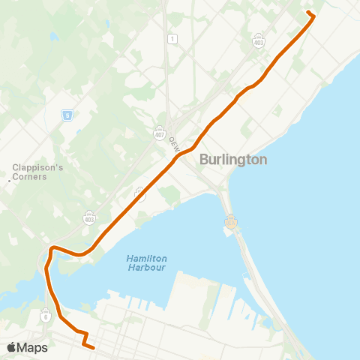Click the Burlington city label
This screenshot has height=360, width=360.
click(233, 160)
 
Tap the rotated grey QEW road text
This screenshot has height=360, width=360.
click(174, 143)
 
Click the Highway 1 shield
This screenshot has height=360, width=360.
click(172, 39)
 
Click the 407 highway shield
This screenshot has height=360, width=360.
click(160, 133)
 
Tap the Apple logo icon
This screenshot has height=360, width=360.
click(11, 347)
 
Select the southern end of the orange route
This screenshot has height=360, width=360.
click(93, 347)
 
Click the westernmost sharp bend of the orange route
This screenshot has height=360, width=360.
click(51, 248)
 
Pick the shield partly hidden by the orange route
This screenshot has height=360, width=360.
click(140, 193)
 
